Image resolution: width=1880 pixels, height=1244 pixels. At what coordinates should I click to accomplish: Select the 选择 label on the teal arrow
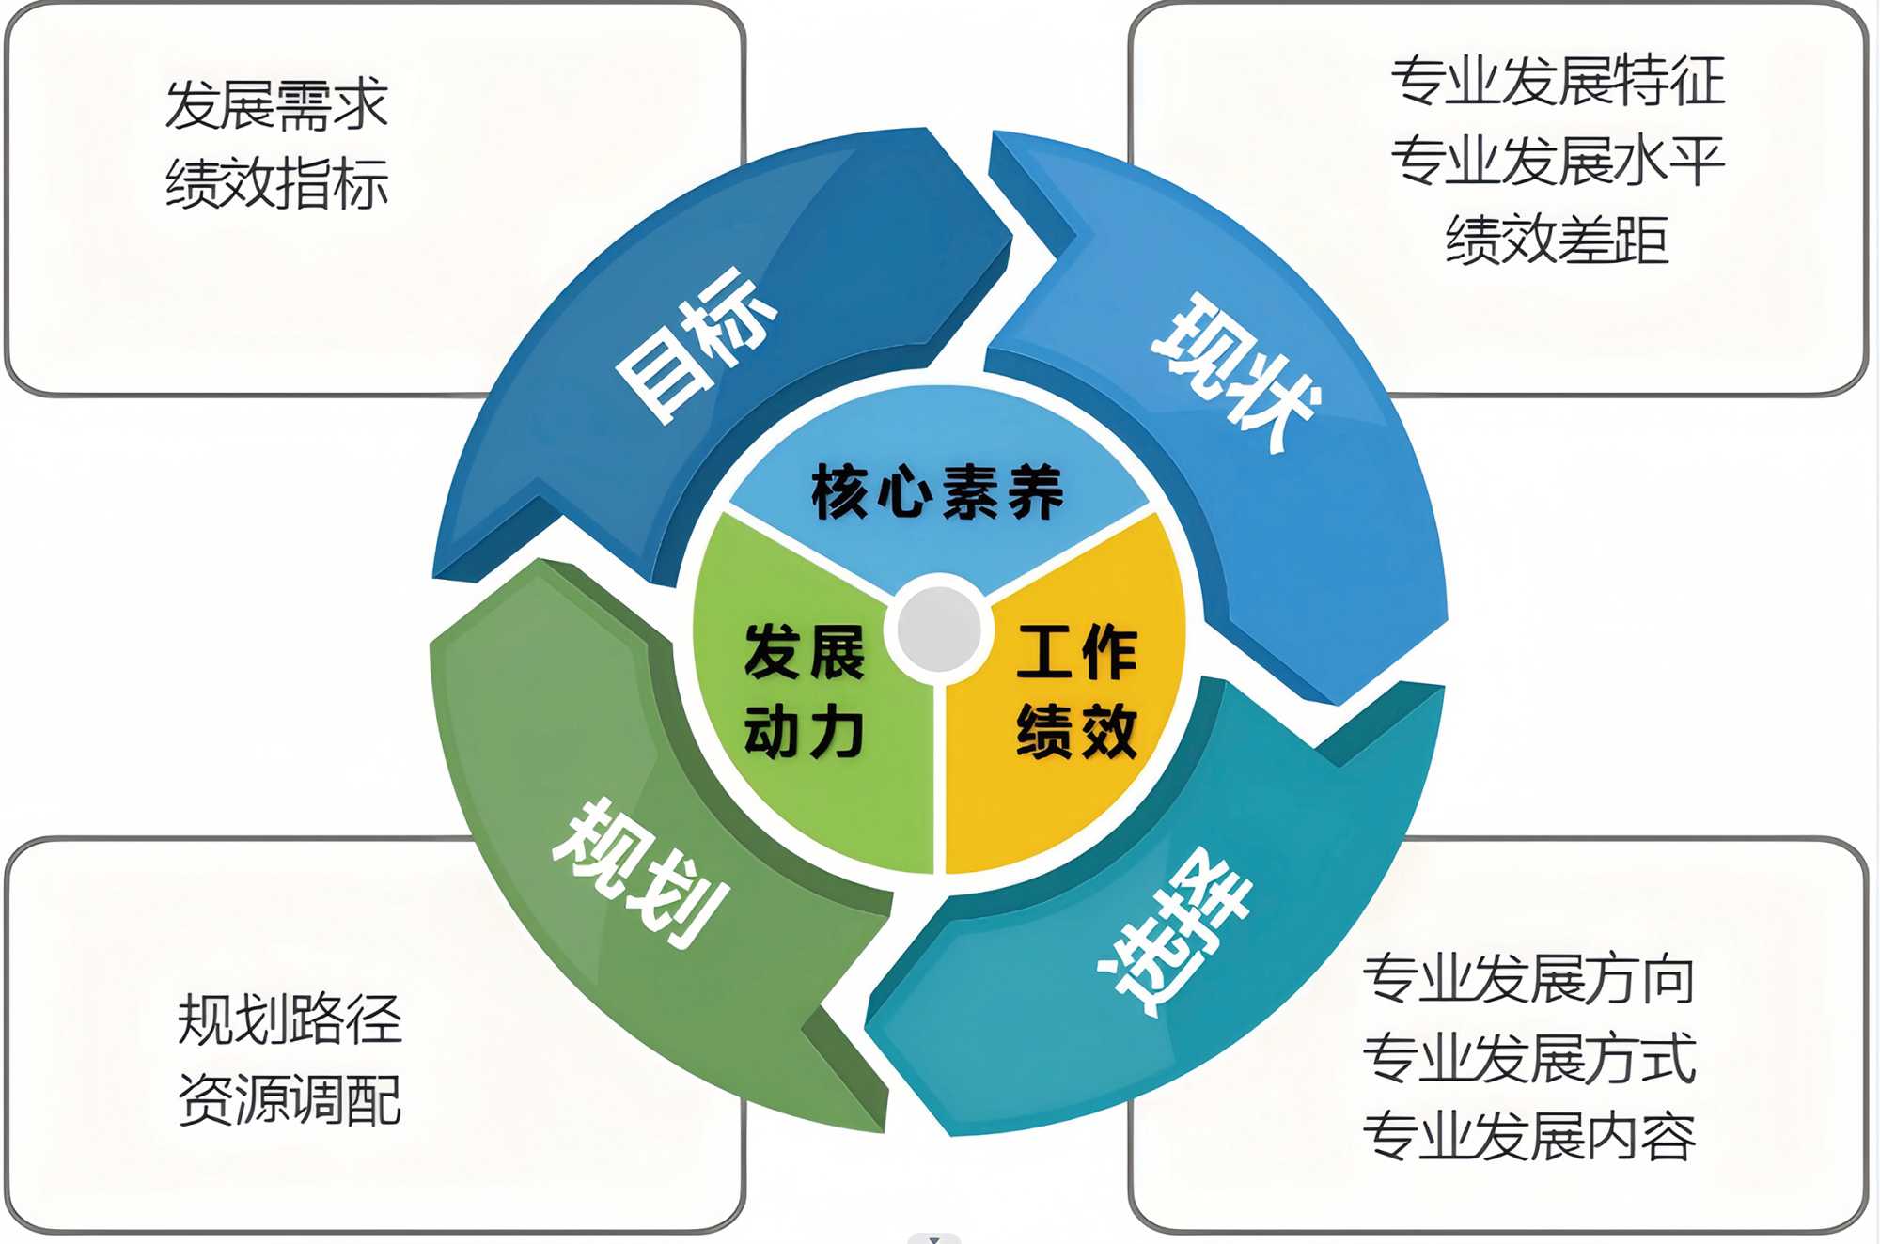(1175, 930)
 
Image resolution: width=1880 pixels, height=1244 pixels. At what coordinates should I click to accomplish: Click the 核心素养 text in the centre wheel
(937, 491)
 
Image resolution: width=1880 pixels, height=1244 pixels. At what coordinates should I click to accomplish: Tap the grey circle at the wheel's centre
(939, 629)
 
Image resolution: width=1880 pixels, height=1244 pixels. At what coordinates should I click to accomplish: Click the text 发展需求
(276, 104)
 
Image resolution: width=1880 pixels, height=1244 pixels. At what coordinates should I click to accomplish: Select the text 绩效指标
(276, 183)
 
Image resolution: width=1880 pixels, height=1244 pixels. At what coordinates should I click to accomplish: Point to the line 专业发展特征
(1558, 81)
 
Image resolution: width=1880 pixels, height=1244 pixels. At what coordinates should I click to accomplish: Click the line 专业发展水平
(1558, 161)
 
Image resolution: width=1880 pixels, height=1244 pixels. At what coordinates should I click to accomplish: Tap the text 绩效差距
(1558, 240)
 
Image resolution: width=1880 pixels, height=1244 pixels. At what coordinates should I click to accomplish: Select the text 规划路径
(290, 1019)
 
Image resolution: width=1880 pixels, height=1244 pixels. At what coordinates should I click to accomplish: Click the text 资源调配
(290, 1099)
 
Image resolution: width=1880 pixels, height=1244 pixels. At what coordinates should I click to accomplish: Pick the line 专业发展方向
(1529, 979)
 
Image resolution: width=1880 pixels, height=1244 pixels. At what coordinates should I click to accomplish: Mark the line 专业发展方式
(1529, 1058)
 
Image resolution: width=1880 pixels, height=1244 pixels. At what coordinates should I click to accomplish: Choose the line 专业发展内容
(1529, 1137)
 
